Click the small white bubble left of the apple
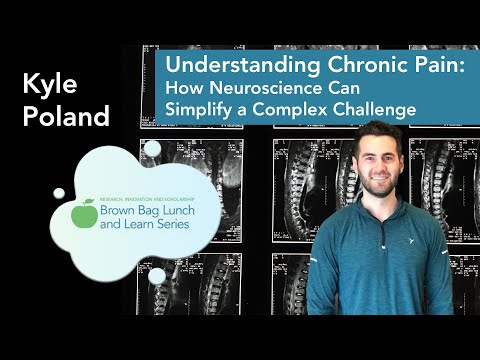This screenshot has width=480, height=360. point(59,193)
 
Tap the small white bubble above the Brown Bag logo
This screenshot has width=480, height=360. point(152,149)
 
